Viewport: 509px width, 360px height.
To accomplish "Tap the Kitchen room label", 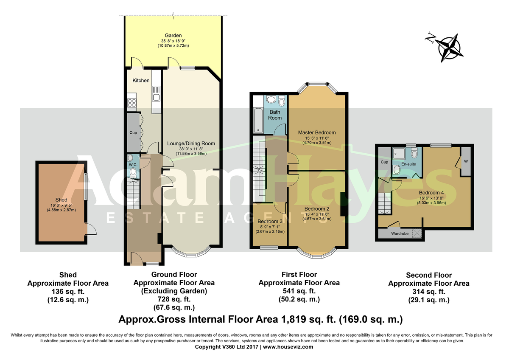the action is pyautogui.click(x=141, y=81).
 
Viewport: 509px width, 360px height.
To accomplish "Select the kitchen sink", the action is pyautogui.click(x=156, y=93).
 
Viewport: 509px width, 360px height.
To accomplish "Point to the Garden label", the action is pyautogui.click(x=173, y=36).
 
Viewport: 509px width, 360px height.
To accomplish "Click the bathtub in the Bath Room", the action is pyautogui.click(x=258, y=121).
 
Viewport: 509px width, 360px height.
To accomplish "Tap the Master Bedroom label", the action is pyautogui.click(x=317, y=132).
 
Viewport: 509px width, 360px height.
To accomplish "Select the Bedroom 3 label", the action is pyautogui.click(x=270, y=221).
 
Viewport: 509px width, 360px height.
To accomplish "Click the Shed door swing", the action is pyautogui.click(x=92, y=229).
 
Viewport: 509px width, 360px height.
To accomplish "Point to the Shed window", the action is pyautogui.click(x=86, y=187).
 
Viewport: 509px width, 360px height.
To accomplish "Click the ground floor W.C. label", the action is pyautogui.click(x=133, y=165).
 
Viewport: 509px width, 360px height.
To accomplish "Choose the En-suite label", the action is pyautogui.click(x=408, y=164).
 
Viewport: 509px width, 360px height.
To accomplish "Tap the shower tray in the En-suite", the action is pyautogui.click(x=399, y=154).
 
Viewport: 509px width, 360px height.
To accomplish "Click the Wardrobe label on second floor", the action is pyautogui.click(x=400, y=233).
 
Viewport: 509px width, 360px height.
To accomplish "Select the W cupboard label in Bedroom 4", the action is pyautogui.click(x=466, y=161).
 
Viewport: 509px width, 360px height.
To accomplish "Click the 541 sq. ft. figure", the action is pyautogui.click(x=299, y=291).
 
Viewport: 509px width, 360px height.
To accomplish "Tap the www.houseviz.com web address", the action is pyautogui.click(x=288, y=347).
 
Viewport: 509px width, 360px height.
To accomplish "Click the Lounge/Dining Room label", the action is pyautogui.click(x=191, y=143).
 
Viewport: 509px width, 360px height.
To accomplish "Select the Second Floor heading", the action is pyautogui.click(x=429, y=275).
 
